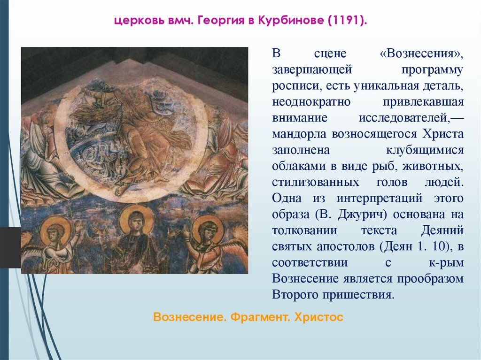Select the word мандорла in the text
pyautogui.click(x=297, y=134)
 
